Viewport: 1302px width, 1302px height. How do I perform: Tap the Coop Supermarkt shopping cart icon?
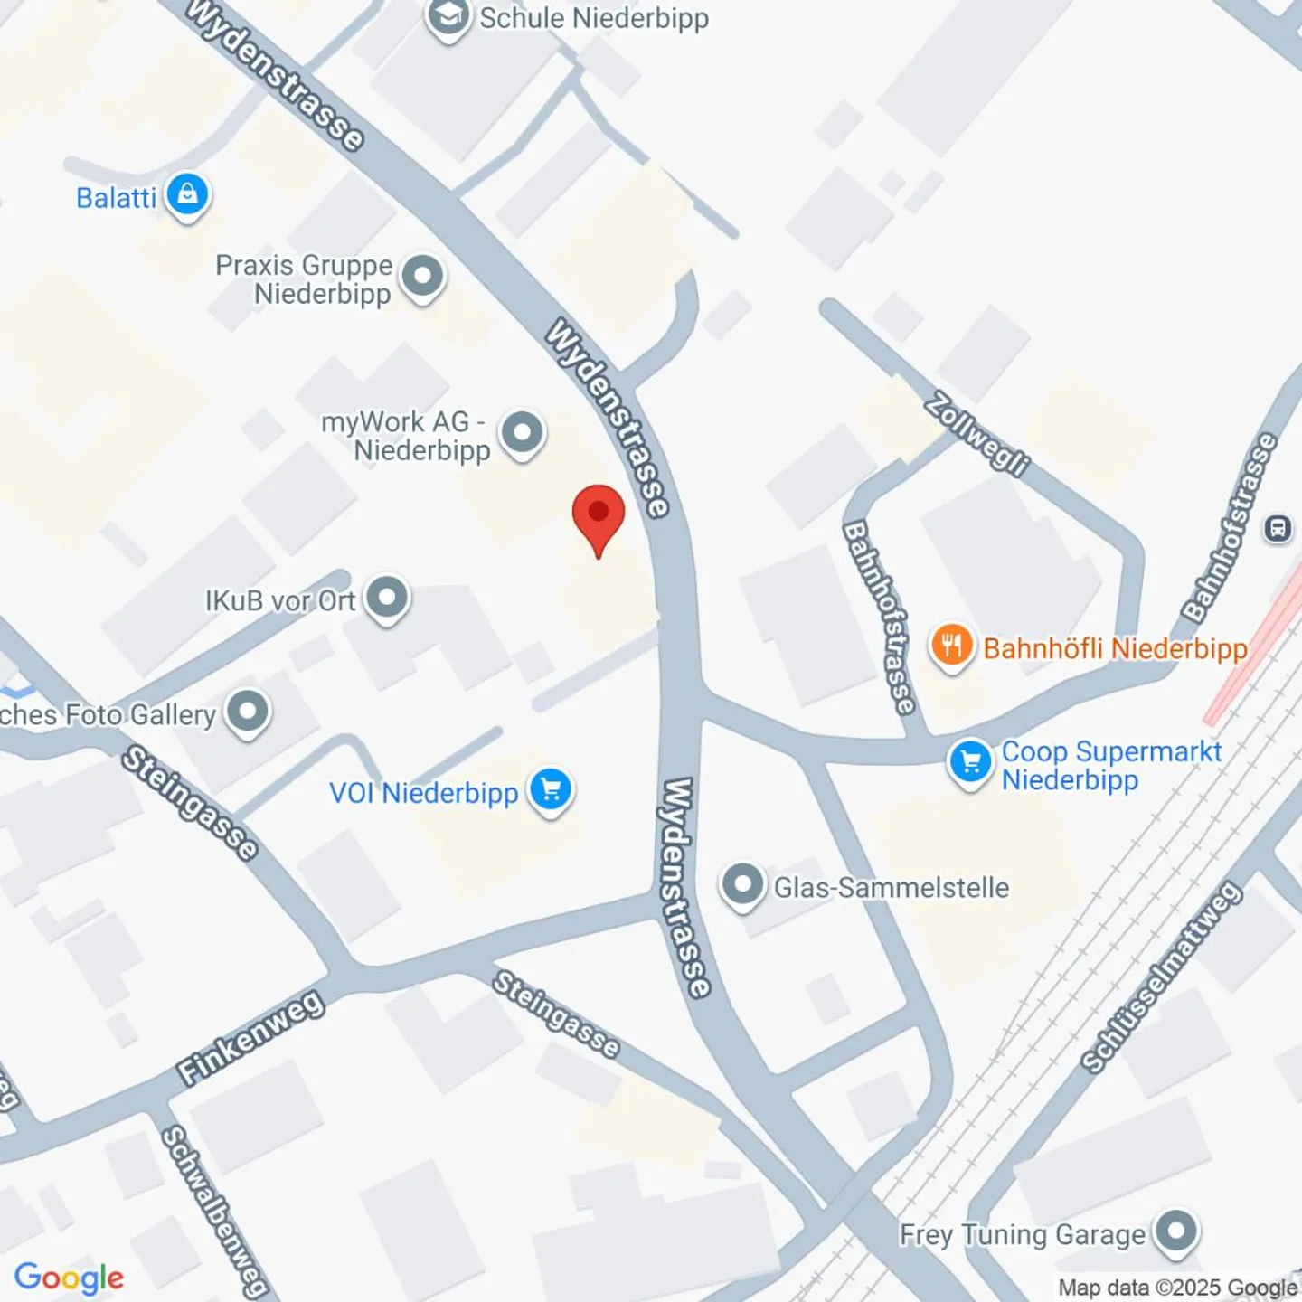(x=970, y=762)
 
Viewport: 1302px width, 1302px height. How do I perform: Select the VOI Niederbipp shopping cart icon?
(x=551, y=790)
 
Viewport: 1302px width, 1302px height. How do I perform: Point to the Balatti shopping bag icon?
(x=187, y=194)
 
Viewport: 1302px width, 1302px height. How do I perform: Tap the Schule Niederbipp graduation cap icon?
(x=448, y=16)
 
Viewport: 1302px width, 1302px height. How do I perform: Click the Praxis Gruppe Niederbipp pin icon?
(x=422, y=276)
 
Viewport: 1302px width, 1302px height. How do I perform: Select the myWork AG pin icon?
(x=522, y=432)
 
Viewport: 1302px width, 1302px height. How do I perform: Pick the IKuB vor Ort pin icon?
(x=388, y=598)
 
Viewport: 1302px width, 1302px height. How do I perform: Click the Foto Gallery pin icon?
(x=248, y=712)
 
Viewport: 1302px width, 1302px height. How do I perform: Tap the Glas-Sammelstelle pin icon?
(x=742, y=884)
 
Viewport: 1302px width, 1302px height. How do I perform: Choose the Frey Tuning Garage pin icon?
(x=1176, y=1231)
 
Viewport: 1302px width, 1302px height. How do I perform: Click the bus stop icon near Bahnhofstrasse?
(x=1278, y=528)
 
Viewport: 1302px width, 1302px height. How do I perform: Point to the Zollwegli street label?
(x=977, y=434)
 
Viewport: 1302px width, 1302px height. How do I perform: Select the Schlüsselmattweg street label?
(x=1161, y=978)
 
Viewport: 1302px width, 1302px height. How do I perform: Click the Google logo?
(x=69, y=1278)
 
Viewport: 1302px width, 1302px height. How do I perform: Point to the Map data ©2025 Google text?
(x=1177, y=1288)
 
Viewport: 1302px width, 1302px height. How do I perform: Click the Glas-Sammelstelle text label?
(x=891, y=887)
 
